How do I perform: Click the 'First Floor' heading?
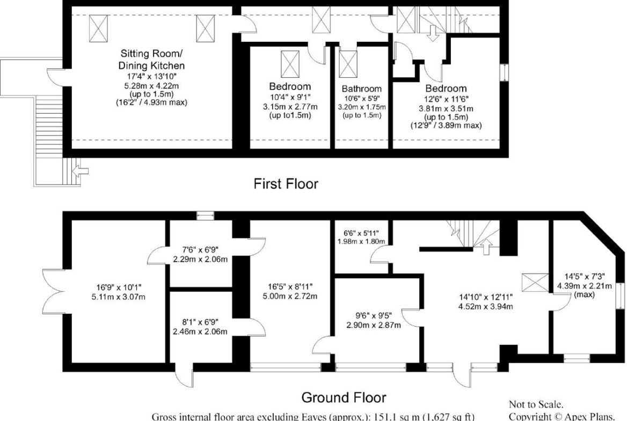coord(286,184)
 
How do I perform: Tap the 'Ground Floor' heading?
coord(344,397)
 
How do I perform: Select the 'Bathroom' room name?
coord(362,89)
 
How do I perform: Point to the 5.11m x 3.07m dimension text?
coord(119,297)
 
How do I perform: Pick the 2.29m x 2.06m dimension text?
coord(200,259)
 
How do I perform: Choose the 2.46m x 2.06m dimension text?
coord(200,331)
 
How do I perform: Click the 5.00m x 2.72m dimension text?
coord(290,296)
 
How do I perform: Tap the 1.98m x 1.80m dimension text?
coord(361,241)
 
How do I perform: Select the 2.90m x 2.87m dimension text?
coord(374,325)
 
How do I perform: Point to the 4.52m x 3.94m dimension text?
coord(485,307)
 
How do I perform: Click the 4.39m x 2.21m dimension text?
coord(585,286)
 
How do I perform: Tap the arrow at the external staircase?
coord(81,172)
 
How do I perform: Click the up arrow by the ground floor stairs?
coord(486,247)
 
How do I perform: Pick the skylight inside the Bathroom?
coord(348,64)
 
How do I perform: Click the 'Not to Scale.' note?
coord(536,404)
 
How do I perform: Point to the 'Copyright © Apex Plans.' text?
coord(561,416)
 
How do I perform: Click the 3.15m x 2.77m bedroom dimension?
coord(290,107)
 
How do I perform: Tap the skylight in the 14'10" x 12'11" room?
coord(535,283)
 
